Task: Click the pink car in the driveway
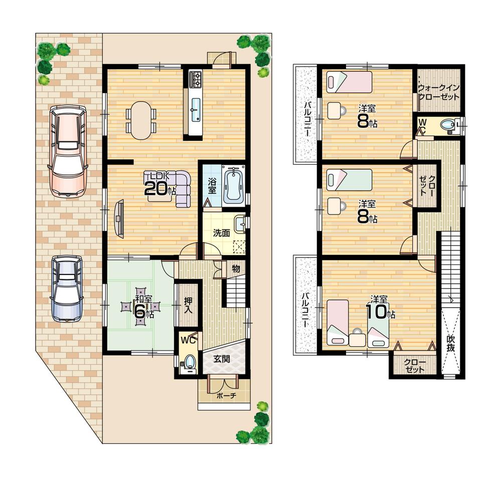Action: [67, 150]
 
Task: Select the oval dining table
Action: [141, 120]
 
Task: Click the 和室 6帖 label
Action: [140, 306]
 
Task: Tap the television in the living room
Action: [119, 218]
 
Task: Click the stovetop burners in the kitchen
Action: [195, 79]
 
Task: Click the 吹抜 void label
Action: [450, 344]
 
